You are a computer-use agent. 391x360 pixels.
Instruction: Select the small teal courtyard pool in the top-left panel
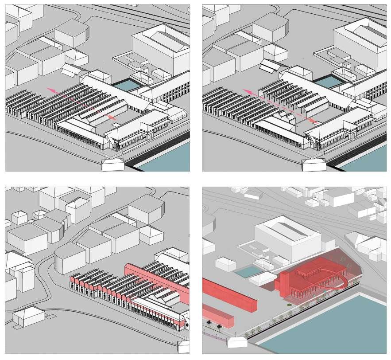tap(128, 84)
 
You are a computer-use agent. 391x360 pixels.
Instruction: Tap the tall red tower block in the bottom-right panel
tap(286, 286)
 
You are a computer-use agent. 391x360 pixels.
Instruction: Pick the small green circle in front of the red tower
tap(289, 305)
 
